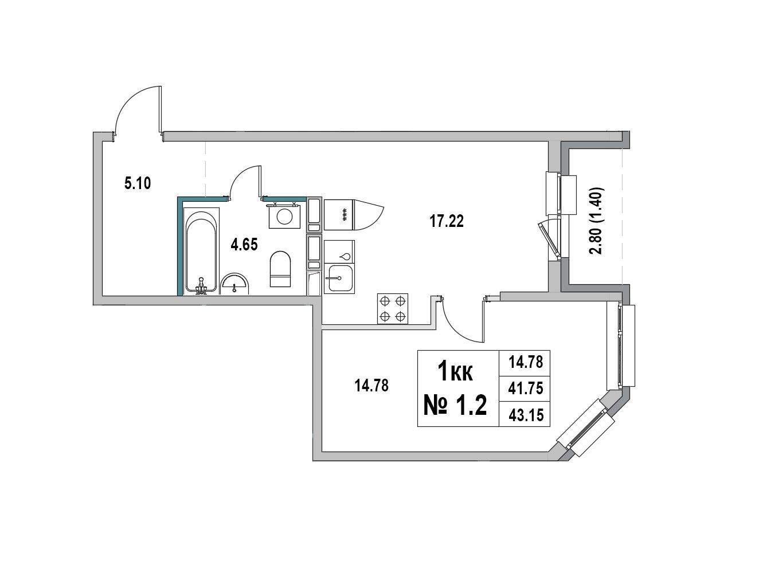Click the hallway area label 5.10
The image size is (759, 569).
click(x=138, y=183)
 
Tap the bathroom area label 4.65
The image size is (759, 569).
click(x=244, y=245)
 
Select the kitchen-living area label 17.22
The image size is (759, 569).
click(x=447, y=221)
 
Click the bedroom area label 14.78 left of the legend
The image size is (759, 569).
click(x=371, y=386)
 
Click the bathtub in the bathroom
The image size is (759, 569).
click(x=201, y=251)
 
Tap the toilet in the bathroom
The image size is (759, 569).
click(x=280, y=269)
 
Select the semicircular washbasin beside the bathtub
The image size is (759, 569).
click(x=235, y=284)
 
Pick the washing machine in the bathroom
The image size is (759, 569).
click(x=284, y=216)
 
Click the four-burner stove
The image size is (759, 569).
click(x=393, y=309)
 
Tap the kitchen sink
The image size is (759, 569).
click(x=339, y=278)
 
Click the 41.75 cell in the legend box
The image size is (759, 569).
click(x=526, y=389)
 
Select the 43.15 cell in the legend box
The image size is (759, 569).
click(x=526, y=415)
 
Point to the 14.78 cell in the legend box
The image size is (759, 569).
click(x=526, y=362)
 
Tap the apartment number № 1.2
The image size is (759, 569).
click(x=455, y=406)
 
